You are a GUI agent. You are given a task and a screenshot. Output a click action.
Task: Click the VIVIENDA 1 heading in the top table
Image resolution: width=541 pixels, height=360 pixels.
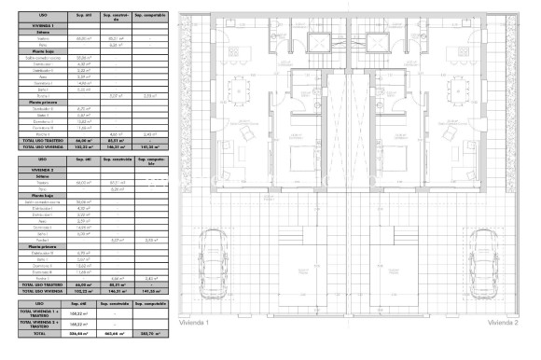(x=39, y=23)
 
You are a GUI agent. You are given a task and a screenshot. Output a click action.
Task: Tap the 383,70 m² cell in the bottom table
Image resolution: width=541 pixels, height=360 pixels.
(x=151, y=333)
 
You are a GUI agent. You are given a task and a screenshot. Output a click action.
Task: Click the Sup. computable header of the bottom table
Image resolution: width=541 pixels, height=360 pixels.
(x=151, y=304)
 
